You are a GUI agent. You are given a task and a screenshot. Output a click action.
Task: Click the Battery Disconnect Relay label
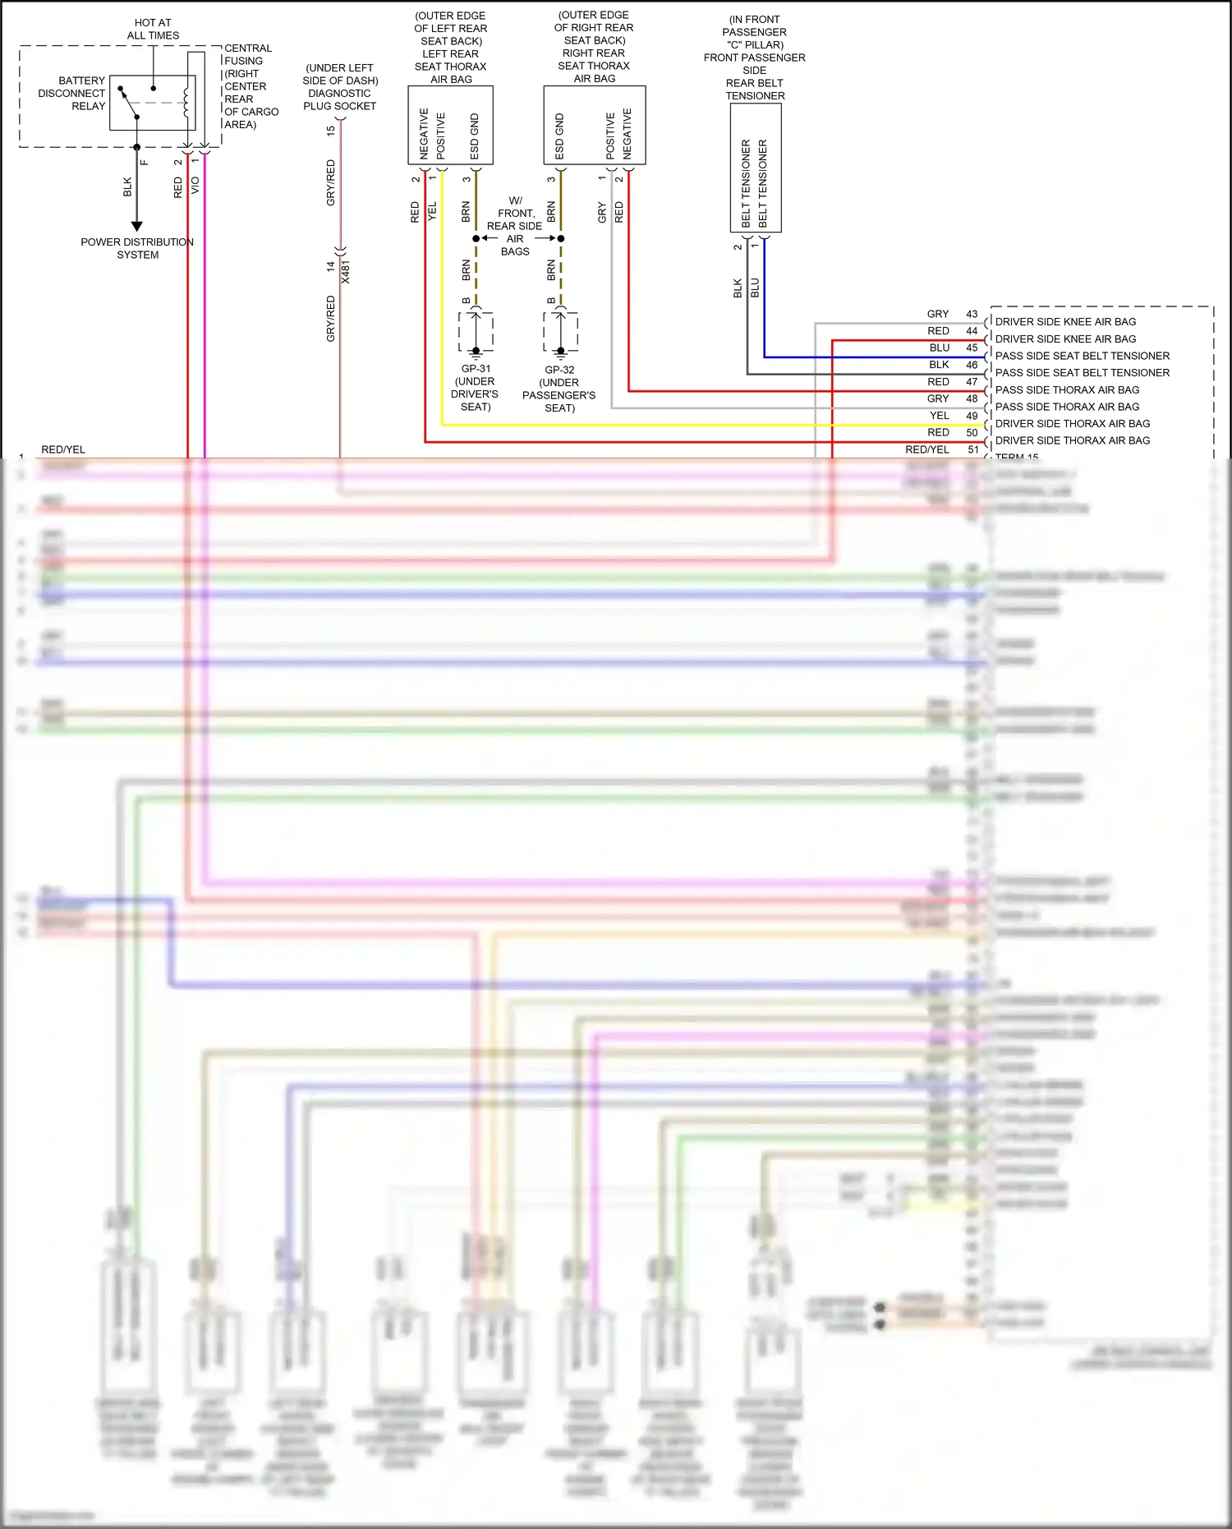(x=71, y=93)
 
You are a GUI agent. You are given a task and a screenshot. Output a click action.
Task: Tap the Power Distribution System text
(x=137, y=248)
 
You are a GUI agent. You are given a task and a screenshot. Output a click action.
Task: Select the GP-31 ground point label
(x=476, y=369)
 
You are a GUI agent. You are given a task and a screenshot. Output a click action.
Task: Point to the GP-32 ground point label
(x=559, y=370)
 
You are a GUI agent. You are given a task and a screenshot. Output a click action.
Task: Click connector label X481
(x=346, y=272)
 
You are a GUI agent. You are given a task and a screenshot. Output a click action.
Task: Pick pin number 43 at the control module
(x=972, y=314)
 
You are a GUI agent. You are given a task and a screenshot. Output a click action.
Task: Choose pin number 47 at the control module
(x=972, y=382)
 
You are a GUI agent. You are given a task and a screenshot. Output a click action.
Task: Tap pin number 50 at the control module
(x=972, y=433)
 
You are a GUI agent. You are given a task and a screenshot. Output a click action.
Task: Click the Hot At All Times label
(x=153, y=29)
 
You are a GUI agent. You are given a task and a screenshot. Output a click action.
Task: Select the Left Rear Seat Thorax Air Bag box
(x=450, y=125)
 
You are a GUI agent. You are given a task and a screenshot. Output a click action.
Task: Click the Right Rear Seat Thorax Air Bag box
(x=594, y=125)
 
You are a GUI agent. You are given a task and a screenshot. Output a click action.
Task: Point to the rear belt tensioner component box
(x=756, y=168)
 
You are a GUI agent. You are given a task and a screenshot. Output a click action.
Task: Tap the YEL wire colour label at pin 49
(x=940, y=416)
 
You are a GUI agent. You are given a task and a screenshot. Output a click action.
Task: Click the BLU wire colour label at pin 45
(x=940, y=348)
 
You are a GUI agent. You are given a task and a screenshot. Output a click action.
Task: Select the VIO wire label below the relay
(x=195, y=186)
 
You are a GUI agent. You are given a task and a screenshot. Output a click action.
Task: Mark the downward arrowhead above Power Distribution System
(x=137, y=226)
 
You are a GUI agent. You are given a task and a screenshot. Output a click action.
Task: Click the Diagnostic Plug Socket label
(x=340, y=87)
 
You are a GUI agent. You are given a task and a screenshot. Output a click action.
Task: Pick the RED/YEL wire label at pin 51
(x=927, y=449)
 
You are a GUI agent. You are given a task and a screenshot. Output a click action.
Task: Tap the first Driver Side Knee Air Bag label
(x=1065, y=322)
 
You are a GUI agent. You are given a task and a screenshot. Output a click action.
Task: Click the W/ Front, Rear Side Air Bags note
(x=515, y=226)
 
